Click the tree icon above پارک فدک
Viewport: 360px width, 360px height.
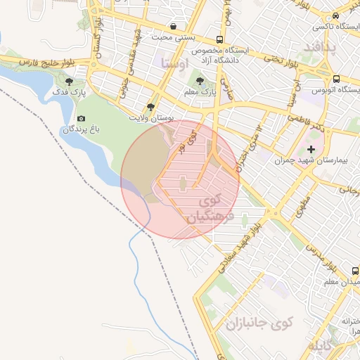pyautogui.click(x=67, y=82)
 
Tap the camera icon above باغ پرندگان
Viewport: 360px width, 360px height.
pyautogui.click(x=81, y=119)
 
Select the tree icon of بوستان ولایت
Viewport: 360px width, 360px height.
pyautogui.click(x=150, y=107)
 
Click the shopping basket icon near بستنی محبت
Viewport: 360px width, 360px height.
pyautogui.click(x=174, y=26)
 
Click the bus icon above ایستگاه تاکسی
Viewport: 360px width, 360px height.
pyautogui.click(x=336, y=16)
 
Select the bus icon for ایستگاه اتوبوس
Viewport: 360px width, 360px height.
pyautogui.click(x=336, y=79)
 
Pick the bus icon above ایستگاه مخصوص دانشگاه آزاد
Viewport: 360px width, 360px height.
pyautogui.click(x=220, y=40)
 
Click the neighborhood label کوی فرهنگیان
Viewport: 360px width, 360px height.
pyautogui.click(x=205, y=209)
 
